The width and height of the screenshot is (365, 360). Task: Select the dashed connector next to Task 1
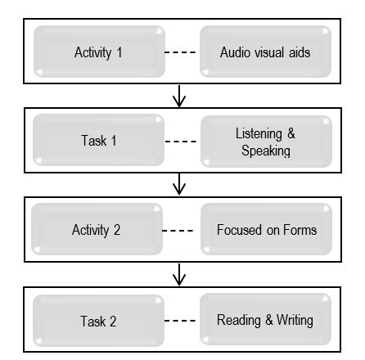[182, 141]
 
